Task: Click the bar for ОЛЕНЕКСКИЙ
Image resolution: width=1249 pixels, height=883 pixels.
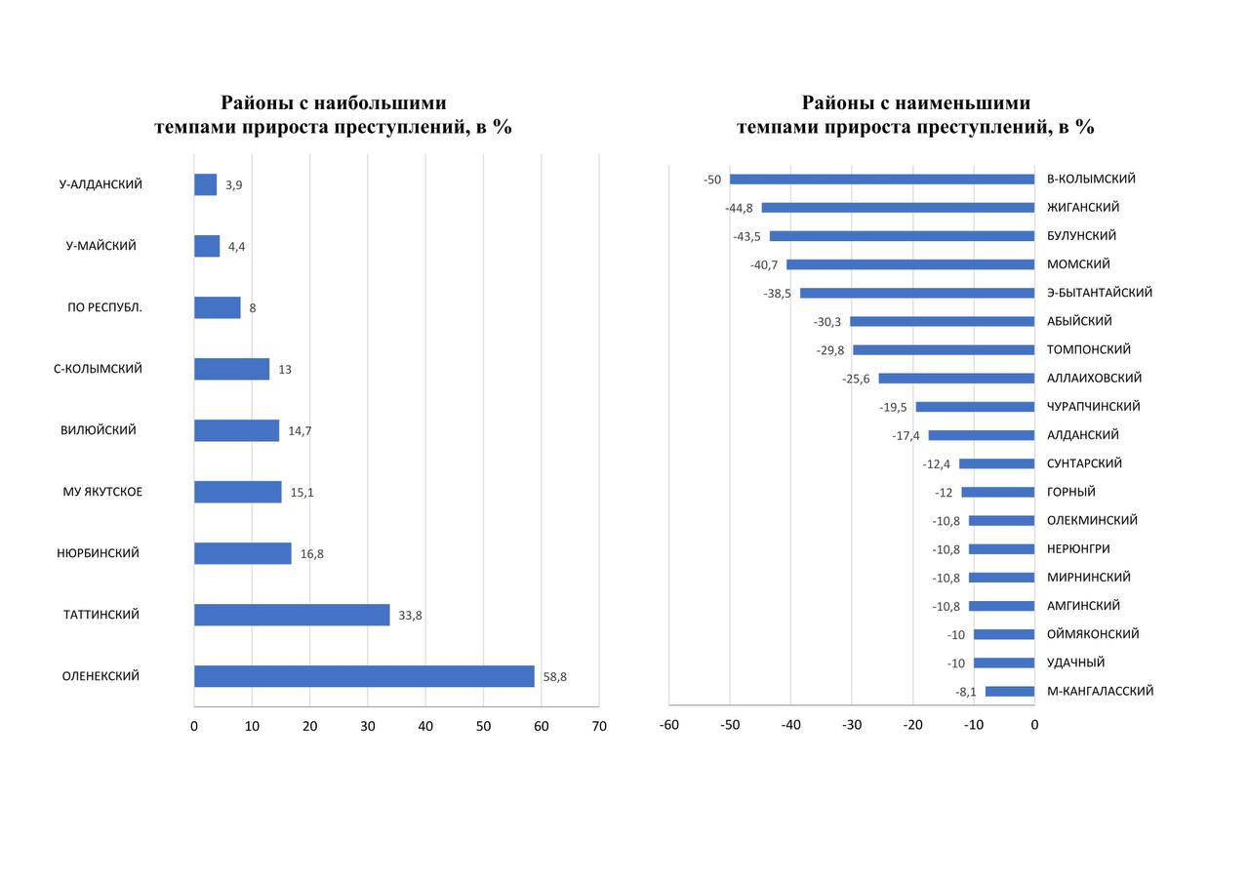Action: (x=364, y=676)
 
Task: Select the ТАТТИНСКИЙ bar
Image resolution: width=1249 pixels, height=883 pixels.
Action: (x=292, y=615)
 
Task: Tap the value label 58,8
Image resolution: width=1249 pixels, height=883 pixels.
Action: (x=554, y=677)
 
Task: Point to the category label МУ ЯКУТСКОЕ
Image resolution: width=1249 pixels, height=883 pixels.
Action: (x=102, y=492)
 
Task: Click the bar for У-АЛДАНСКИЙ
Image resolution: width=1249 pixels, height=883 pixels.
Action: (x=205, y=184)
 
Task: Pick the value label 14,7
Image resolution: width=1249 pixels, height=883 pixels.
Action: (x=300, y=431)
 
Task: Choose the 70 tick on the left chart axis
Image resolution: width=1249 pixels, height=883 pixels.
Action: (x=599, y=726)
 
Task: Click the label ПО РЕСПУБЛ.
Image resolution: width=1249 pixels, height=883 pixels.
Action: (x=104, y=307)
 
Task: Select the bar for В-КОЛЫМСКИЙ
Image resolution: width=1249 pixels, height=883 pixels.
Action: (x=882, y=180)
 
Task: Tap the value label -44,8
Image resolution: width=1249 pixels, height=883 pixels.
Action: (x=739, y=208)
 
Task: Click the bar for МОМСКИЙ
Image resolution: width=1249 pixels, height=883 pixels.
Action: (x=910, y=264)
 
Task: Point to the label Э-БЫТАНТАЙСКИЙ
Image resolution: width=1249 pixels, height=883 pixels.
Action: (x=1100, y=293)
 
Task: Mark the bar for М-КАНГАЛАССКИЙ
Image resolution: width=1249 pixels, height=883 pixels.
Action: (x=1010, y=692)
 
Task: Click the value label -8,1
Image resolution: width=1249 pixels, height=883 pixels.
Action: (x=966, y=693)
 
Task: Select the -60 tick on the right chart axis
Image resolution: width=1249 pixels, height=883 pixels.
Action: (x=669, y=725)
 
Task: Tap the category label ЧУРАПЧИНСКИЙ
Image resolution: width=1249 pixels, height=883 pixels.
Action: (x=1093, y=407)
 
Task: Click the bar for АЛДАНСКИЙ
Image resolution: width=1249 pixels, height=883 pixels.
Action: (x=982, y=435)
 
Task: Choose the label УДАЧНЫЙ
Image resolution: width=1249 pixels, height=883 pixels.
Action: (x=1075, y=662)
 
